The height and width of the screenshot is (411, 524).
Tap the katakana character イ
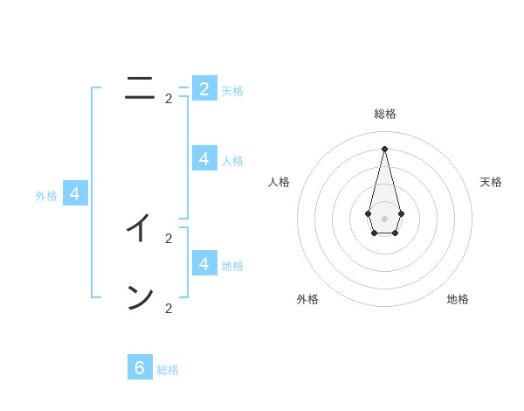[x=139, y=228]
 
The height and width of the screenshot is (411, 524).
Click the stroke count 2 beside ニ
[x=169, y=99]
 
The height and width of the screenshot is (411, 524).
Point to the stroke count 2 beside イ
[x=169, y=238]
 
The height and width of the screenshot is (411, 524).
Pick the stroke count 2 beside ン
[x=169, y=308]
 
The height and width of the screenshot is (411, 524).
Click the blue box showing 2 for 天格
[x=204, y=88]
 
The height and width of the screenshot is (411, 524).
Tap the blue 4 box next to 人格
[x=204, y=158]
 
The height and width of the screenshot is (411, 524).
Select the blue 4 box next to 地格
[x=204, y=262]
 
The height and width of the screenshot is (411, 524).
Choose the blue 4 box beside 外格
[x=75, y=193]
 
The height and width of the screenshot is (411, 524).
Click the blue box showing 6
[x=140, y=367]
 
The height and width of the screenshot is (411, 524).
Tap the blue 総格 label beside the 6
[x=168, y=370]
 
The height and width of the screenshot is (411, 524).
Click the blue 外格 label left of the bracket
[x=46, y=196]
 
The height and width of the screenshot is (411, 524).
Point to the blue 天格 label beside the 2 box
[x=232, y=91]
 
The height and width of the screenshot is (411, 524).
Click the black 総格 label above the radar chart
[x=384, y=114]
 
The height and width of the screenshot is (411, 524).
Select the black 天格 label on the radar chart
[x=491, y=182]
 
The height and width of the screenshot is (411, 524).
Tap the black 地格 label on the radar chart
[x=458, y=299]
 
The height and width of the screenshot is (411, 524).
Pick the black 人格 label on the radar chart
[x=279, y=182]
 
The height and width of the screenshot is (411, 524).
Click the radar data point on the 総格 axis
[x=384, y=149]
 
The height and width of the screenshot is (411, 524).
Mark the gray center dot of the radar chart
[x=384, y=218]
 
